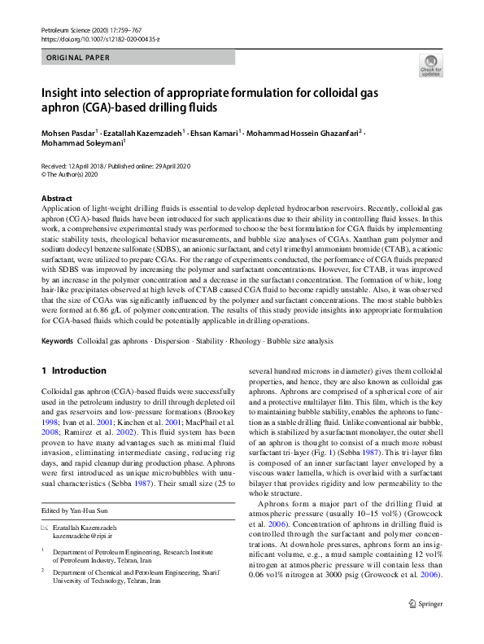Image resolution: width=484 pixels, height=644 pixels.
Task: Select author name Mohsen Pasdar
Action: click(x=69, y=132)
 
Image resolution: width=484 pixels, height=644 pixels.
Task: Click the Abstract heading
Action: click(x=57, y=198)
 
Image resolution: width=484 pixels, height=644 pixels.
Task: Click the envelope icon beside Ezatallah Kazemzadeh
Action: click(x=45, y=506)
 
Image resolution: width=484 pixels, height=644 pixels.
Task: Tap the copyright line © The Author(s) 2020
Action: click(x=69, y=174)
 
